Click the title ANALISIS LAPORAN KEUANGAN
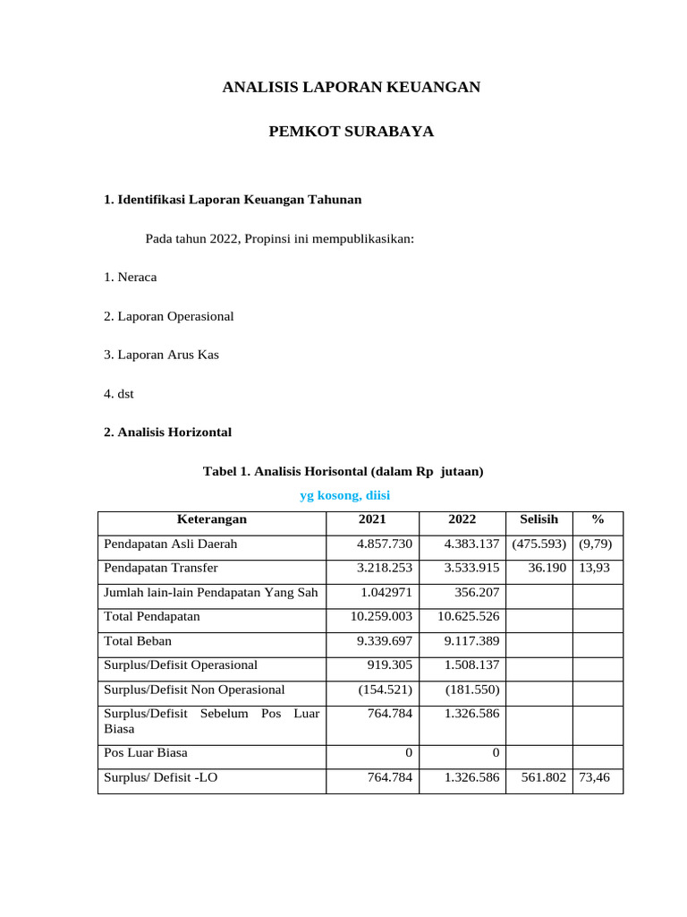pyautogui.click(x=351, y=87)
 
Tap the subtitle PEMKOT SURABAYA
pyautogui.click(x=351, y=132)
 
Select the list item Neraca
pyautogui.click(x=130, y=277)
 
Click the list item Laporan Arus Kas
pyautogui.click(x=161, y=355)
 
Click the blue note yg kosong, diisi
pyautogui.click(x=344, y=495)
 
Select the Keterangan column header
pyautogui.click(x=212, y=519)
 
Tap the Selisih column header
pyautogui.click(x=539, y=519)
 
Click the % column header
pyautogui.click(x=598, y=519)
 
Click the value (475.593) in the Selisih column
pyautogui.click(x=539, y=544)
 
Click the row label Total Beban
pyautogui.click(x=138, y=640)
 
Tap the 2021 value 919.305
pyautogui.click(x=389, y=664)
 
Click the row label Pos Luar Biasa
pyautogui.click(x=146, y=752)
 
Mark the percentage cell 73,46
pyautogui.click(x=595, y=777)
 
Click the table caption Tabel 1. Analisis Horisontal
pyautogui.click(x=343, y=471)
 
